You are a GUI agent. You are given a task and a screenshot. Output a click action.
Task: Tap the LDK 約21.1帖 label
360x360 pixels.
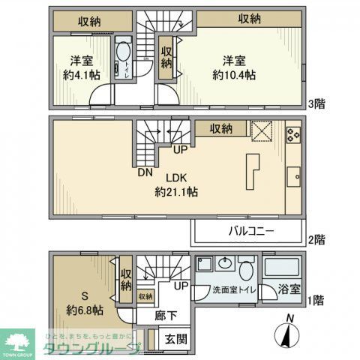pyautogui.click(x=176, y=184)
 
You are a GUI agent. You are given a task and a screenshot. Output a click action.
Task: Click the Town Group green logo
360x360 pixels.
pyautogui.click(x=18, y=342)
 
